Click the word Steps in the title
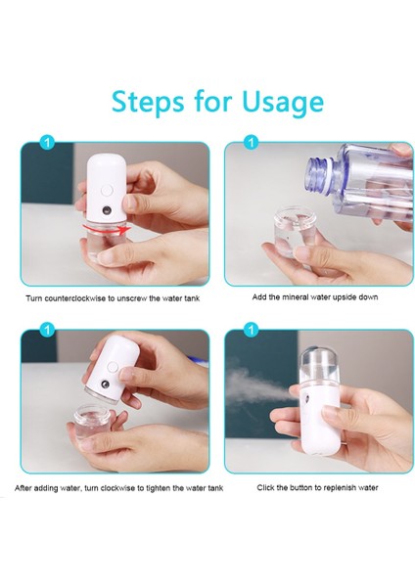pos(148,102)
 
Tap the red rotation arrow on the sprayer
pos(107,229)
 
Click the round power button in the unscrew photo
pos(107,191)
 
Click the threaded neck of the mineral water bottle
pos(318,173)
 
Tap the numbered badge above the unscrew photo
pos(47,142)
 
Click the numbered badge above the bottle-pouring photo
pos(251,142)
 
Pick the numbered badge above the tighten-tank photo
pos(47,330)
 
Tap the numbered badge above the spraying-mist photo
pos(251,330)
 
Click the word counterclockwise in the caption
pos(75,298)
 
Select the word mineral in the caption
pos(297,296)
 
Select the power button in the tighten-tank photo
pos(112,367)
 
